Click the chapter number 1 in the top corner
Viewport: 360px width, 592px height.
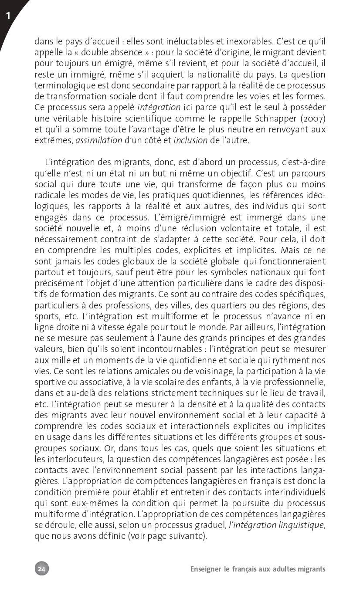coord(8,16)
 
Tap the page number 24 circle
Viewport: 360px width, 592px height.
coord(42,568)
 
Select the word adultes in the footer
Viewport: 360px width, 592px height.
coord(283,569)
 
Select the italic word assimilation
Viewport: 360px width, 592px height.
coord(98,140)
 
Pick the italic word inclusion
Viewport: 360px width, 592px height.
coord(191,140)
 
